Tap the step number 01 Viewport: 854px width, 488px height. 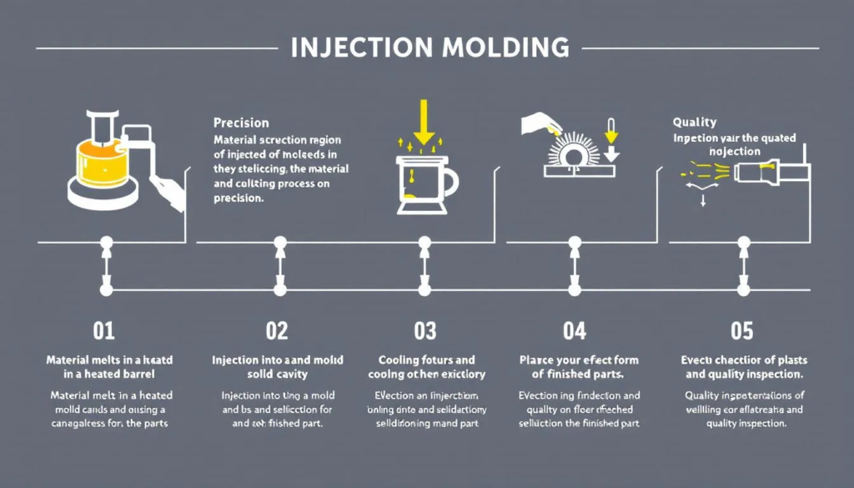tap(104, 331)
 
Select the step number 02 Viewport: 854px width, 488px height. tap(276, 331)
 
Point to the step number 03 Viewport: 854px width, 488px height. tap(424, 331)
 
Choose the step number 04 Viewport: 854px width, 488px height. tap(574, 331)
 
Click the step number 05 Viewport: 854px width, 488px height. tap(741, 331)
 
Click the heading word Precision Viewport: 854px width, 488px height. tap(241, 122)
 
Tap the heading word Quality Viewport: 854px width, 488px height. tap(694, 122)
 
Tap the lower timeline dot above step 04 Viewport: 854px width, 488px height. tap(574, 289)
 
